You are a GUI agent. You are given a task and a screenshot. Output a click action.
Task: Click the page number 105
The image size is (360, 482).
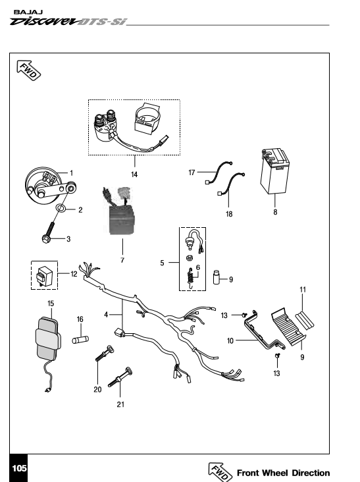pyautogui.click(x=19, y=468)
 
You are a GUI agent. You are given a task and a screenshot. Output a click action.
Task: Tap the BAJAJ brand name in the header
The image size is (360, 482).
pyautogui.click(x=28, y=13)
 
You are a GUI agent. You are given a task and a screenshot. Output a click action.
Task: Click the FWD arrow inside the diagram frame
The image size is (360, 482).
pyautogui.click(x=28, y=70)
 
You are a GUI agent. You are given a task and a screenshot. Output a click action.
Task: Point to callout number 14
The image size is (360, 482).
pyautogui.click(x=134, y=174)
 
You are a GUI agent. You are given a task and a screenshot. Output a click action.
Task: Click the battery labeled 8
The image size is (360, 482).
pyautogui.click(x=274, y=171)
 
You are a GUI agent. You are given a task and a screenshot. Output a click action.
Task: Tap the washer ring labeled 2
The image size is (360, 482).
pyautogui.click(x=61, y=209)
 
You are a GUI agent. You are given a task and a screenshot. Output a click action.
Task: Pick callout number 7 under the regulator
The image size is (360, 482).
pyautogui.click(x=122, y=260)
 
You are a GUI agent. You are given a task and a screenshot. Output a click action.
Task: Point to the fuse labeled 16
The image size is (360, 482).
pyautogui.click(x=80, y=340)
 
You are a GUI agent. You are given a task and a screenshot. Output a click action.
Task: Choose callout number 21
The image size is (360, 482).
pyautogui.click(x=120, y=404)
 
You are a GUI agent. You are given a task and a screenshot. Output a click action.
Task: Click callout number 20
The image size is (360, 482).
pyautogui.click(x=97, y=389)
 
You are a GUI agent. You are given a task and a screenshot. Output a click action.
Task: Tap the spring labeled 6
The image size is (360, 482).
pyautogui.click(x=190, y=278)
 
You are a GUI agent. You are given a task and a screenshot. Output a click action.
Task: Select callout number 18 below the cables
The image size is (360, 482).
pyautogui.click(x=229, y=214)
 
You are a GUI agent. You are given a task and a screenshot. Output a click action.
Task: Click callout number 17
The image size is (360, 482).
pyautogui.click(x=192, y=173)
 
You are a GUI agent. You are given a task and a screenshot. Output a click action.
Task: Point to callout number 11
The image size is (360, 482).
pyautogui.click(x=303, y=290)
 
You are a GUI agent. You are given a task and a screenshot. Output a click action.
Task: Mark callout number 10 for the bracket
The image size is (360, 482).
pyautogui.click(x=230, y=340)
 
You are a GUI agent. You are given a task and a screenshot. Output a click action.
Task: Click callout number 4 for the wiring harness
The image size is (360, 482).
pyautogui.click(x=106, y=315)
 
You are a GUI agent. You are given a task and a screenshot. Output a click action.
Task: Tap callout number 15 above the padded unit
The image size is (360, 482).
pyautogui.click(x=51, y=304)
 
